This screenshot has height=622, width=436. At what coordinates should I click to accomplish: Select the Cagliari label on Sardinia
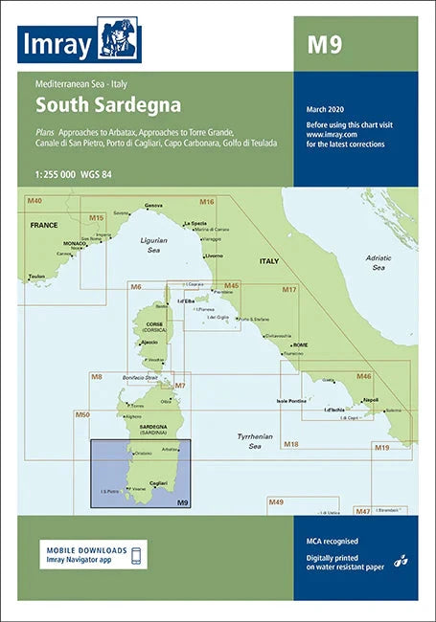click(x=159, y=483)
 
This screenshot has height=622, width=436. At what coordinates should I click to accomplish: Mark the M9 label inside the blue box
click(x=182, y=502)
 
